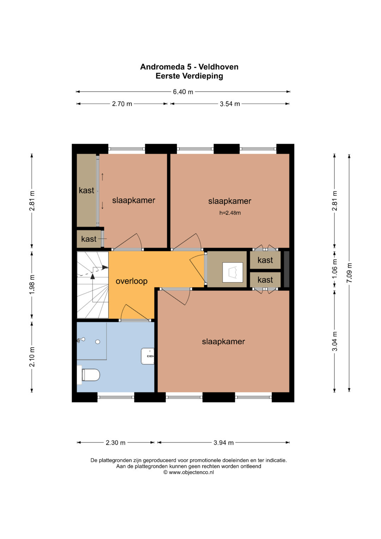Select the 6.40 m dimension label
[183, 92]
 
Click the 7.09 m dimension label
[349, 273]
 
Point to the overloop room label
[132, 281]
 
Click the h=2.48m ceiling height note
[230, 213]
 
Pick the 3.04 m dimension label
[334, 341]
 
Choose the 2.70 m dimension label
[122, 104]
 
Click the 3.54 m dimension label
[230, 104]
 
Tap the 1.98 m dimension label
[32, 284]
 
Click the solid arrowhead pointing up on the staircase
[92, 276]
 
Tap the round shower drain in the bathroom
[98, 342]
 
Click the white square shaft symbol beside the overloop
[232, 273]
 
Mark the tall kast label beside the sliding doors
[86, 190]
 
